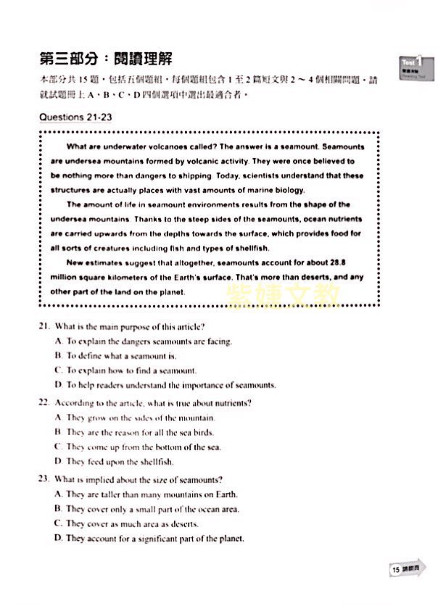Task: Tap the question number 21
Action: click(x=44, y=326)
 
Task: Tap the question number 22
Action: click(x=44, y=402)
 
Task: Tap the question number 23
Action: click(x=44, y=479)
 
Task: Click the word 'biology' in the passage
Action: click(x=289, y=190)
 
